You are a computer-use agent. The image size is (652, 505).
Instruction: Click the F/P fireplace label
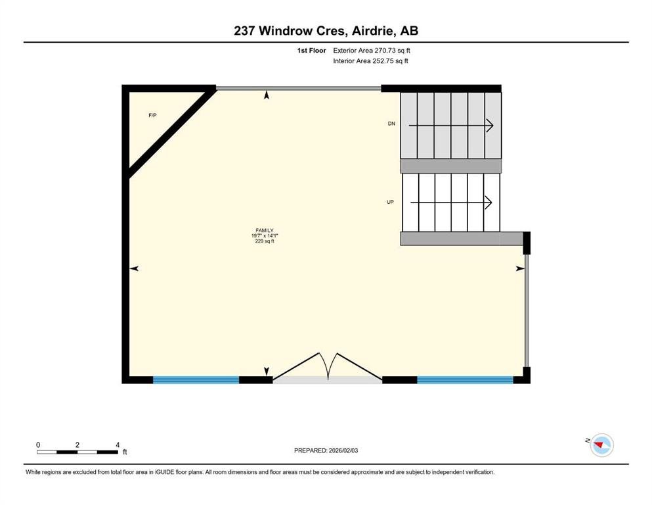pyautogui.click(x=152, y=115)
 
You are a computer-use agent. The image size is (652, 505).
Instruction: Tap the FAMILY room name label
pyautogui.click(x=265, y=230)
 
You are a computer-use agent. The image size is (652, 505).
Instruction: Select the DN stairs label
pyautogui.click(x=391, y=124)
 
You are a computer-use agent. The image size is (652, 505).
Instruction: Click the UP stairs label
pyautogui.click(x=390, y=202)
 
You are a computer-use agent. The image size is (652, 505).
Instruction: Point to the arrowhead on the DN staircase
pyautogui.click(x=490, y=126)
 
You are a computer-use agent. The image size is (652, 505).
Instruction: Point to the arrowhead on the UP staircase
pyautogui.click(x=489, y=203)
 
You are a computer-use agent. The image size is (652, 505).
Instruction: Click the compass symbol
pyautogui.click(x=601, y=445)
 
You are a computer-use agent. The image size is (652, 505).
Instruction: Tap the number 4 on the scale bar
pyautogui.click(x=118, y=445)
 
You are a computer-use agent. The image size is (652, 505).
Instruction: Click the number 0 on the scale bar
pyautogui.click(x=38, y=445)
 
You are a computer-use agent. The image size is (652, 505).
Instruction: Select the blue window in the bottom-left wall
pyautogui.click(x=196, y=379)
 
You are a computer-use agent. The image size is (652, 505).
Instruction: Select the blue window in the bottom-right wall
pyautogui.click(x=465, y=379)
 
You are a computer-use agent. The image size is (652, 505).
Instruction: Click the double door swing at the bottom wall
pyautogui.click(x=328, y=367)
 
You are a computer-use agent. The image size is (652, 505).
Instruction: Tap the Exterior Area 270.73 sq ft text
pyautogui.click(x=372, y=51)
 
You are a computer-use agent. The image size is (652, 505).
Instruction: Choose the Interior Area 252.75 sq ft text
pyautogui.click(x=370, y=60)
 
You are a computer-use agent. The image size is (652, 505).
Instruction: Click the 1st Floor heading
pyautogui.click(x=311, y=51)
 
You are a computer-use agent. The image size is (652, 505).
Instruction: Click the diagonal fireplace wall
pyautogui.click(x=171, y=133)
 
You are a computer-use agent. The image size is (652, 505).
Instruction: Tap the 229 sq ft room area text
pyautogui.click(x=265, y=241)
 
